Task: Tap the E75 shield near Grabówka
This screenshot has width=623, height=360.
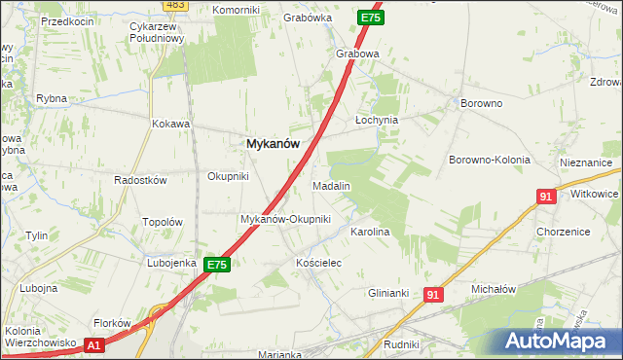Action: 370,18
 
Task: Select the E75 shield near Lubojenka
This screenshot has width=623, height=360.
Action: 217,265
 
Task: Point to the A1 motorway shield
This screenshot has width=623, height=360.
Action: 93,344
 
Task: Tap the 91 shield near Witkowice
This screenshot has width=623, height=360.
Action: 545,197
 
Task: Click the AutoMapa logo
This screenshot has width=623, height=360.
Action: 560,341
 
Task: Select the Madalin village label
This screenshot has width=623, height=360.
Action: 331,185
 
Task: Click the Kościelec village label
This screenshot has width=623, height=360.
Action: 316,264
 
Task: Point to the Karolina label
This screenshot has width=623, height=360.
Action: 370,233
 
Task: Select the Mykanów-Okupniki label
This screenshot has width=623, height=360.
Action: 285,219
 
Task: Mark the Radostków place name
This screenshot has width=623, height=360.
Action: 141,181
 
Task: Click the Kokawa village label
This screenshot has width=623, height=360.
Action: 169,125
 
